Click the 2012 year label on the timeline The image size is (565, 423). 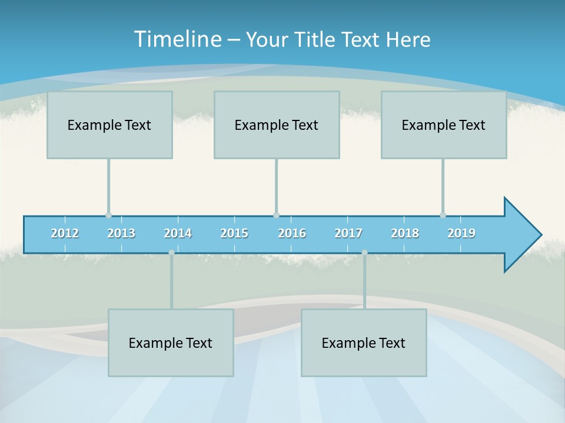click(x=65, y=233)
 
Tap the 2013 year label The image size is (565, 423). click(x=121, y=233)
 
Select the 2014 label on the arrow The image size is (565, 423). click(x=178, y=233)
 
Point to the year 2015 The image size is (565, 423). click(x=234, y=233)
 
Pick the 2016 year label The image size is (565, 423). click(x=292, y=233)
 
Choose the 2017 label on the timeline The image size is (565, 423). click(x=348, y=233)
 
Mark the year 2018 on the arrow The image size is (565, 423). click(x=405, y=233)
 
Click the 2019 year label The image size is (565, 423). click(x=461, y=233)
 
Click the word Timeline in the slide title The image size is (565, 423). click(x=177, y=39)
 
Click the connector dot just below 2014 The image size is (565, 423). click(x=171, y=253)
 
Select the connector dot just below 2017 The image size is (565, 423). click(x=364, y=253)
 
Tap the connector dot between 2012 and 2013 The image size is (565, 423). click(x=108, y=215)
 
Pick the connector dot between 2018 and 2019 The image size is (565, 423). click(x=443, y=215)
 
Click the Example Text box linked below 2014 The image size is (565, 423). click(x=171, y=343)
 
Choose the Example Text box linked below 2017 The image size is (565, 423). click(x=364, y=343)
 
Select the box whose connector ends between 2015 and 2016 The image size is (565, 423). click(x=277, y=125)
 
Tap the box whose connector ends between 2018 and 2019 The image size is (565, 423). click(x=444, y=125)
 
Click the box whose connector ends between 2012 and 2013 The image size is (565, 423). click(x=109, y=125)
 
